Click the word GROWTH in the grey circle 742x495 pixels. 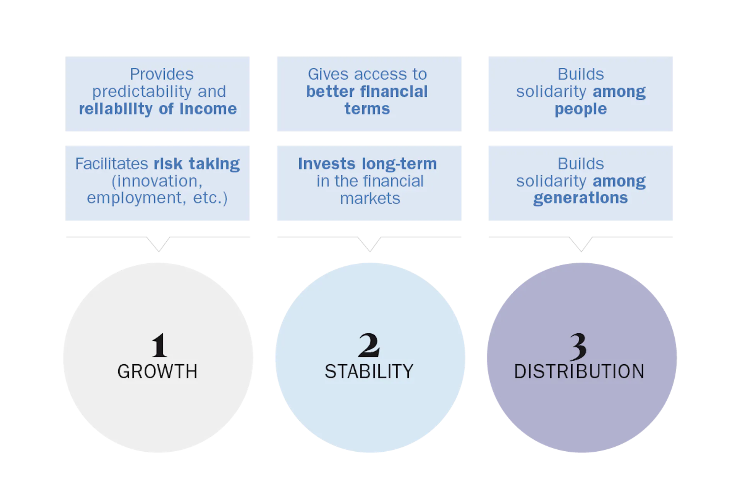point(157,371)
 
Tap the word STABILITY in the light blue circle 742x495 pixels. point(369,371)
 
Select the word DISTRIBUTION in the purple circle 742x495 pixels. point(579,371)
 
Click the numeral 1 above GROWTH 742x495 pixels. point(159,345)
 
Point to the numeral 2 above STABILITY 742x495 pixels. point(369,345)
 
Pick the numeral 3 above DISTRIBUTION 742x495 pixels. point(578,346)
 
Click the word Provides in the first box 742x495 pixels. point(162,74)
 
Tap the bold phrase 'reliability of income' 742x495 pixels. point(158,109)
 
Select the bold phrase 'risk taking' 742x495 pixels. point(197,164)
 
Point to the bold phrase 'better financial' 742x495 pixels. point(367,92)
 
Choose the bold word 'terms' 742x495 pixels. point(367,109)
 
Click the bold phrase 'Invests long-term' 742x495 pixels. point(367,164)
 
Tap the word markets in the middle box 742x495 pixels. point(370,198)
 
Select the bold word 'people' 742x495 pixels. point(581,109)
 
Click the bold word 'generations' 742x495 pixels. point(580,198)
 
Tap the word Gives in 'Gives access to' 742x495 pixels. point(328,74)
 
